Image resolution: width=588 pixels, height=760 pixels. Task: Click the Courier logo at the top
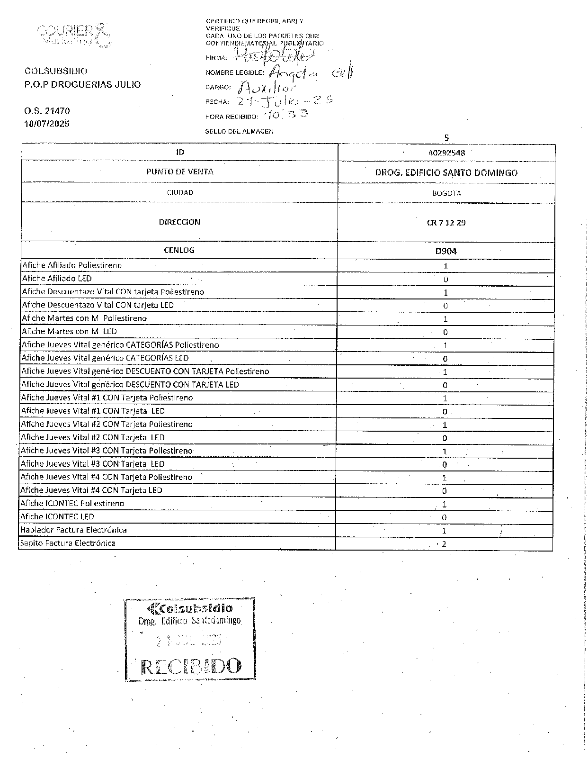point(73,34)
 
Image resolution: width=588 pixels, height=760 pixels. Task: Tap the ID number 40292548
point(445,153)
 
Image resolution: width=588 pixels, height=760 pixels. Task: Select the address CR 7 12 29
point(446,222)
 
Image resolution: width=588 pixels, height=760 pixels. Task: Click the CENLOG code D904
point(446,251)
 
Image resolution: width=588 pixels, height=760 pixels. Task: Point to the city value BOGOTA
point(446,193)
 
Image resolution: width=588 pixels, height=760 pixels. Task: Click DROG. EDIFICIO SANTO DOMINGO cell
point(446,173)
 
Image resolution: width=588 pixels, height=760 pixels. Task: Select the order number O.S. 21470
point(47,111)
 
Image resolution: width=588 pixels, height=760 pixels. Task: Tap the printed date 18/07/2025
point(47,124)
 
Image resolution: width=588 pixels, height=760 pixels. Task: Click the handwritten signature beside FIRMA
point(275,56)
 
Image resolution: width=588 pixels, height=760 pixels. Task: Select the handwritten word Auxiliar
point(267,87)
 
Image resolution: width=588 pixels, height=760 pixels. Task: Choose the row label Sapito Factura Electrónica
point(68,543)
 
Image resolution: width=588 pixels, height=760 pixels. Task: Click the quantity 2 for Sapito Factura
point(444,544)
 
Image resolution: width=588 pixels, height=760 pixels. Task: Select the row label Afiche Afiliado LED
point(57,279)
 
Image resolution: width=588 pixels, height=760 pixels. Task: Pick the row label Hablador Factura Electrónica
point(73,530)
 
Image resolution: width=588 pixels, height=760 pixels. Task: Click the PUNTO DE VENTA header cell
point(179,172)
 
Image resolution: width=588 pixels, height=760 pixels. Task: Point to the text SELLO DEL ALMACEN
point(239,131)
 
